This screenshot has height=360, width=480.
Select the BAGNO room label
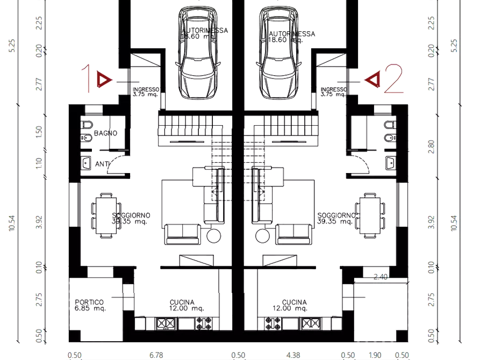(106, 132)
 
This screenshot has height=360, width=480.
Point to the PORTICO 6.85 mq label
(90, 305)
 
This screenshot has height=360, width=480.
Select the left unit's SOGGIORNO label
(132, 218)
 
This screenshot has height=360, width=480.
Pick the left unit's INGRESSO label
(145, 91)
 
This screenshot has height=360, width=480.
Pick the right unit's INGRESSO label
(334, 91)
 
